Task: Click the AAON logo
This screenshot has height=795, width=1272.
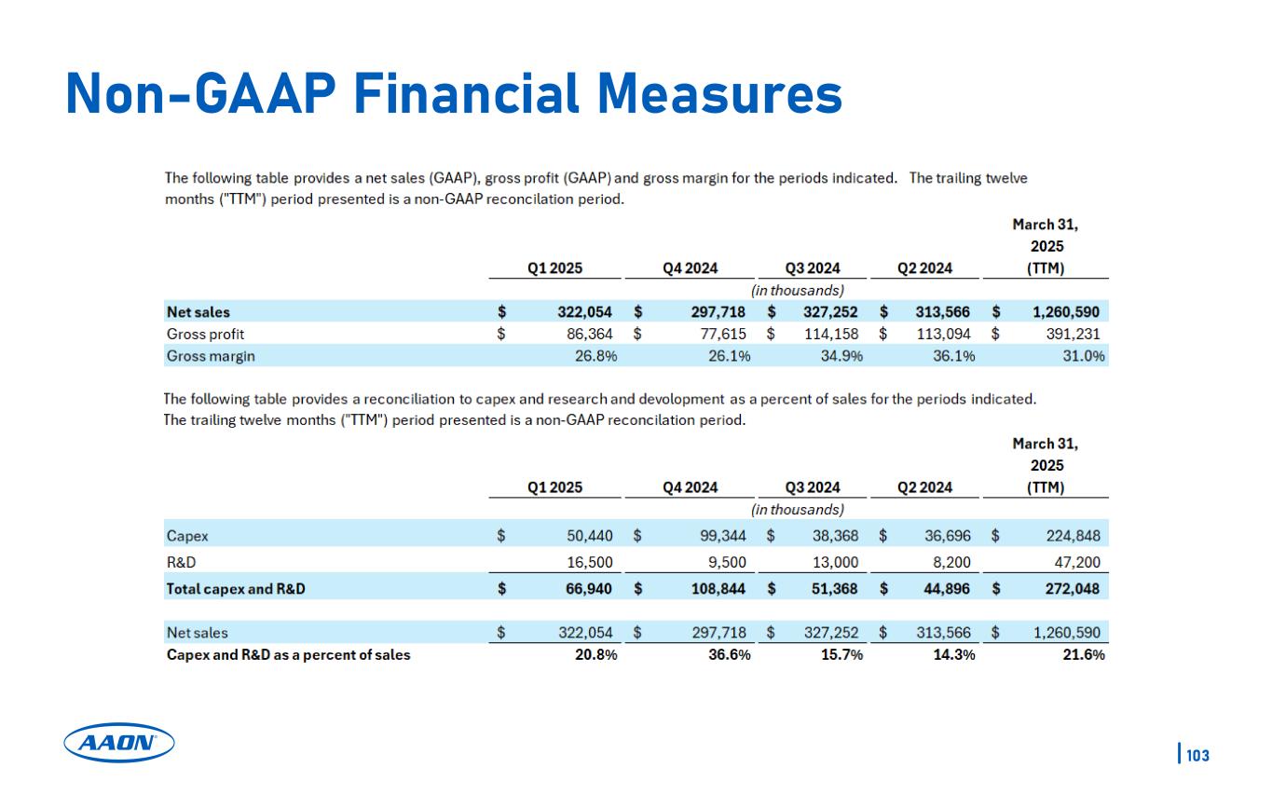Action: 119,743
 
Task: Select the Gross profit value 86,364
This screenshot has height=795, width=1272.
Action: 583,333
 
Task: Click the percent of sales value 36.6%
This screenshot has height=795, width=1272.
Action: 729,654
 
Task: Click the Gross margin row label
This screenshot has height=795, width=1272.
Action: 211,355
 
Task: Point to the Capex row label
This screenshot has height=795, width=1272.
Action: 187,536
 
